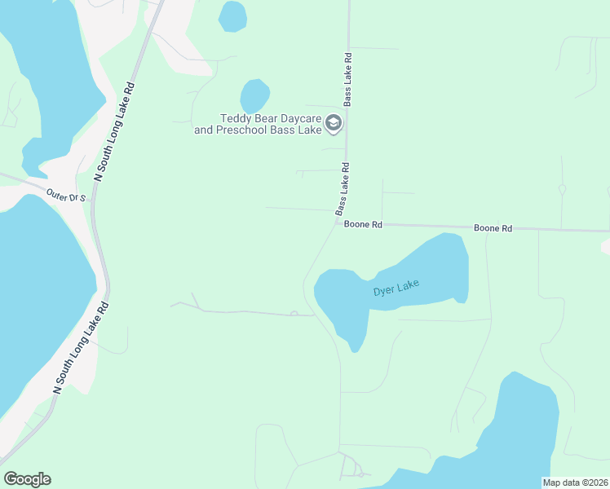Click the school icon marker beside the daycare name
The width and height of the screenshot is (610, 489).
(x=333, y=124)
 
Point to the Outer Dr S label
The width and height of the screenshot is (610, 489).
(x=66, y=196)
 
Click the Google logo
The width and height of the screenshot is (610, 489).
(x=27, y=479)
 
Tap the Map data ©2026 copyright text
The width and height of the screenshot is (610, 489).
(x=575, y=482)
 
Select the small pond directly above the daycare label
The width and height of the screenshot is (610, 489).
(x=254, y=95)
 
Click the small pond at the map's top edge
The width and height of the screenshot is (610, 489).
(x=232, y=15)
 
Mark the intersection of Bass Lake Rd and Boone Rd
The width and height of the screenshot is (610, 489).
(x=338, y=221)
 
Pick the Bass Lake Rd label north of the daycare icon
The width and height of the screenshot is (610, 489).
(x=347, y=81)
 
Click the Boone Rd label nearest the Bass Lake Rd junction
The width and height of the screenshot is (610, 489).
(x=363, y=224)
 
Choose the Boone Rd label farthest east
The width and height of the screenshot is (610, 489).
(x=493, y=229)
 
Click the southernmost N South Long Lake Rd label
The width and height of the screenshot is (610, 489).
(x=81, y=349)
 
